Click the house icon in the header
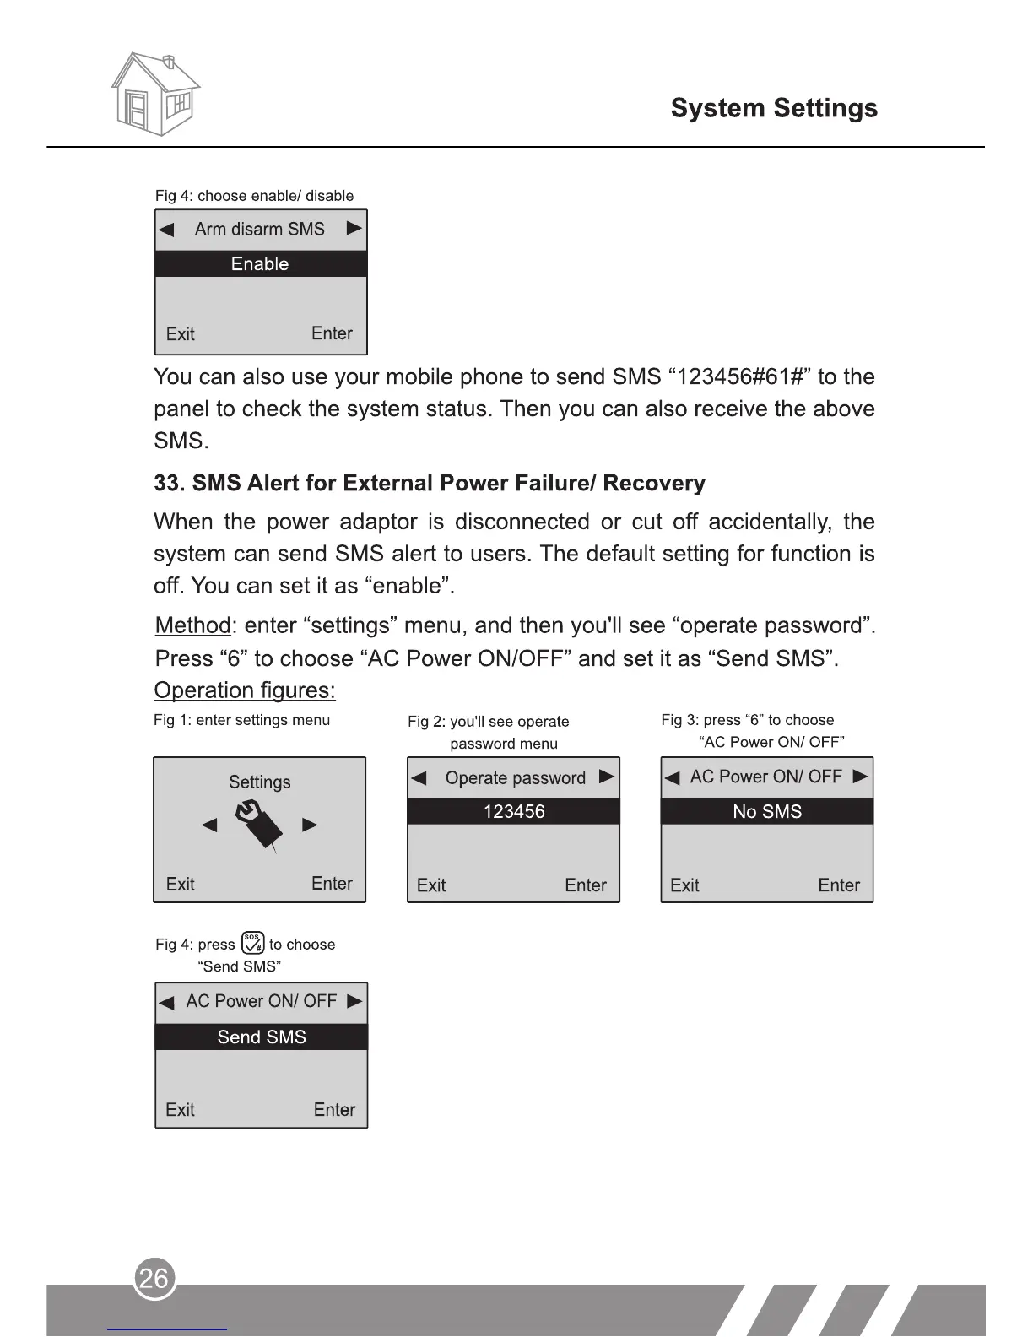click(155, 95)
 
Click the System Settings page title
click(773, 108)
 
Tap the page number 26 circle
click(154, 1279)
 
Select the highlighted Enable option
click(261, 264)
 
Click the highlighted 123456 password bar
click(513, 812)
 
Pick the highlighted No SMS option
click(766, 812)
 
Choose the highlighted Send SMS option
click(262, 1037)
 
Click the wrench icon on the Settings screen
click(259, 825)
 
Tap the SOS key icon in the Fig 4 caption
click(252, 943)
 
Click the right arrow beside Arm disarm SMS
click(354, 229)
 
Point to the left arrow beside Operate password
click(419, 778)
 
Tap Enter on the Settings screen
click(332, 884)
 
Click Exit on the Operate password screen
click(431, 885)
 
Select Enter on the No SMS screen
click(839, 885)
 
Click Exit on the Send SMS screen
click(180, 1110)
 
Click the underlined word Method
click(192, 626)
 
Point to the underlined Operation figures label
click(245, 691)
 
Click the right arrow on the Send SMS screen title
click(354, 1002)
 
